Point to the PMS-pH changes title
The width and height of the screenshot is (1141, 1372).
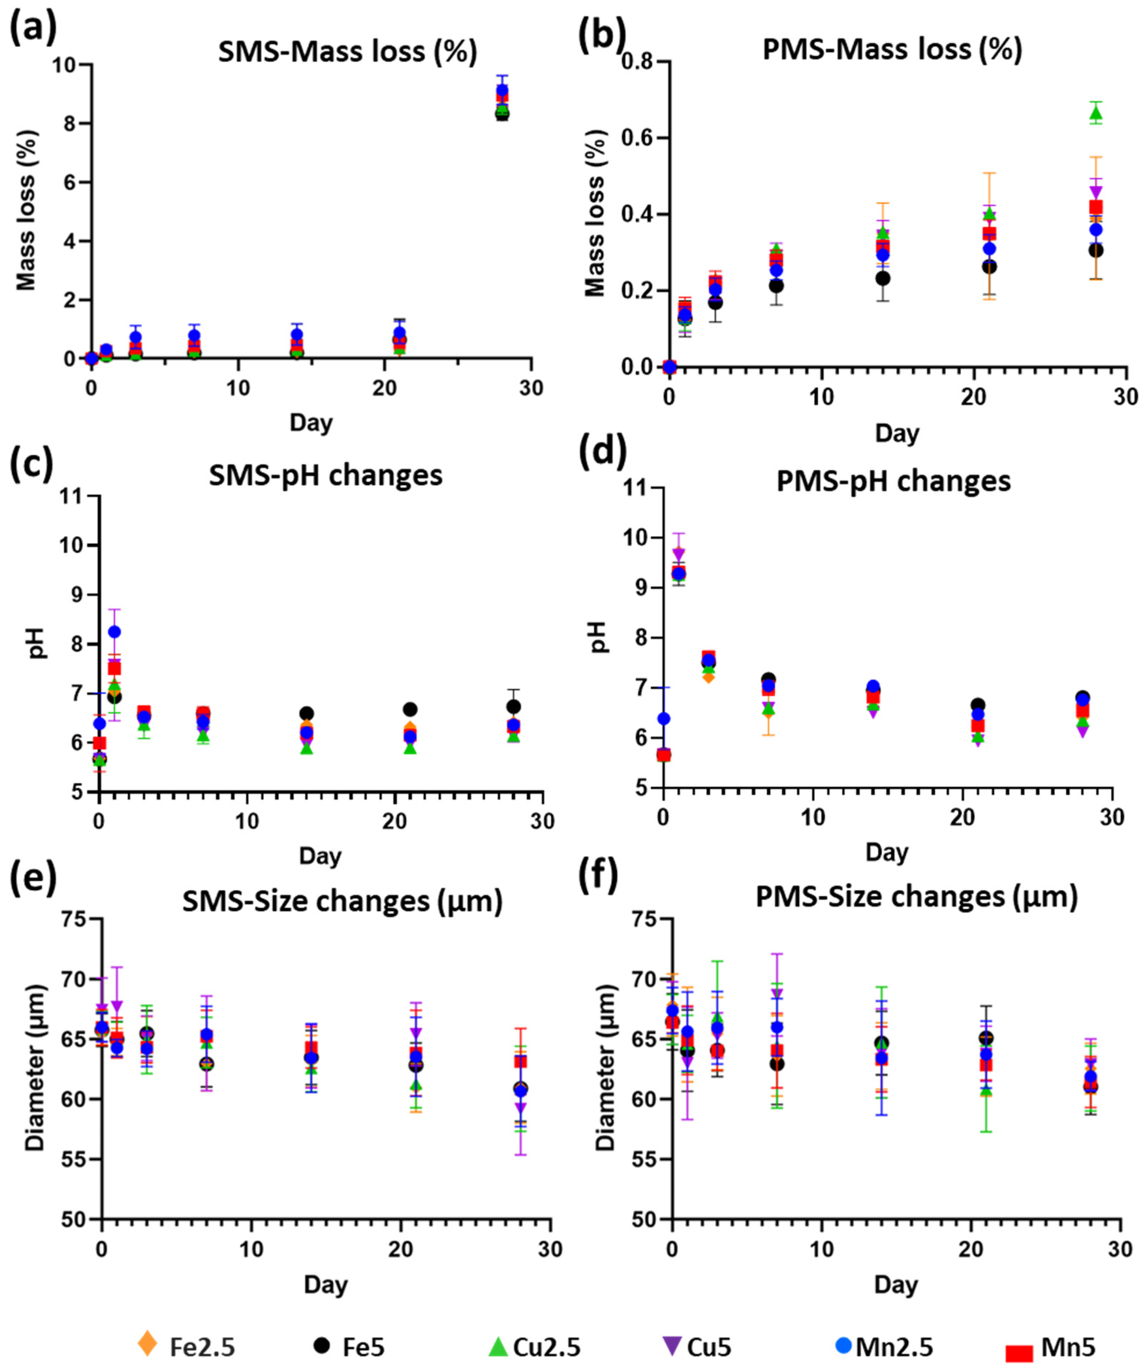tap(893, 482)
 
